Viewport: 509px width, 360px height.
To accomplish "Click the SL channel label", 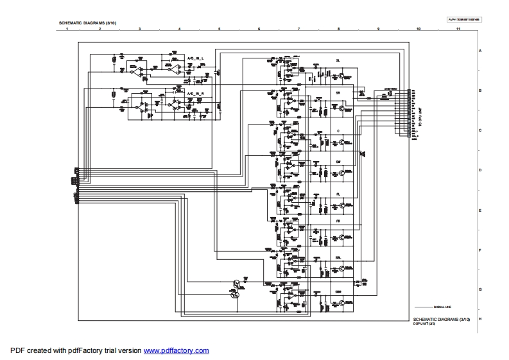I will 338,60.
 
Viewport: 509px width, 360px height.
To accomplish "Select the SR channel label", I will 338,92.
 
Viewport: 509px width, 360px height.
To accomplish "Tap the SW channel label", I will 338,162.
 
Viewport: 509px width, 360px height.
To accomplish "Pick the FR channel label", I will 338,221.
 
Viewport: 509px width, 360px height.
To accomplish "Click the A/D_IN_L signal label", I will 195,58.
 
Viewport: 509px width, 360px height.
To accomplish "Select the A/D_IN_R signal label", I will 195,93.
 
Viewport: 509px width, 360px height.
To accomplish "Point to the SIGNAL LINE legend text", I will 443,307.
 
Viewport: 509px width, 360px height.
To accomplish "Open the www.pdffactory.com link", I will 176,350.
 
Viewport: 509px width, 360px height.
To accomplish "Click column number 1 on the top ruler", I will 59,30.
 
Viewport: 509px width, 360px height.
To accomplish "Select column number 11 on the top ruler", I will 458,30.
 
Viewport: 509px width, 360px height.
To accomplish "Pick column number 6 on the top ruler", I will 259,30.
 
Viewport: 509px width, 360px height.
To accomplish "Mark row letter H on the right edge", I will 479,319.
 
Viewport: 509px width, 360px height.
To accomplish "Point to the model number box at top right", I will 463,19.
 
